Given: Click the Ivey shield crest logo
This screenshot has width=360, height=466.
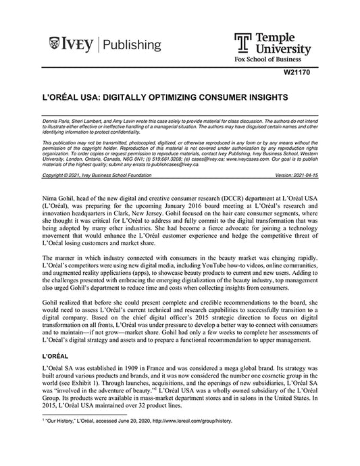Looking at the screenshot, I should [55, 45].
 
